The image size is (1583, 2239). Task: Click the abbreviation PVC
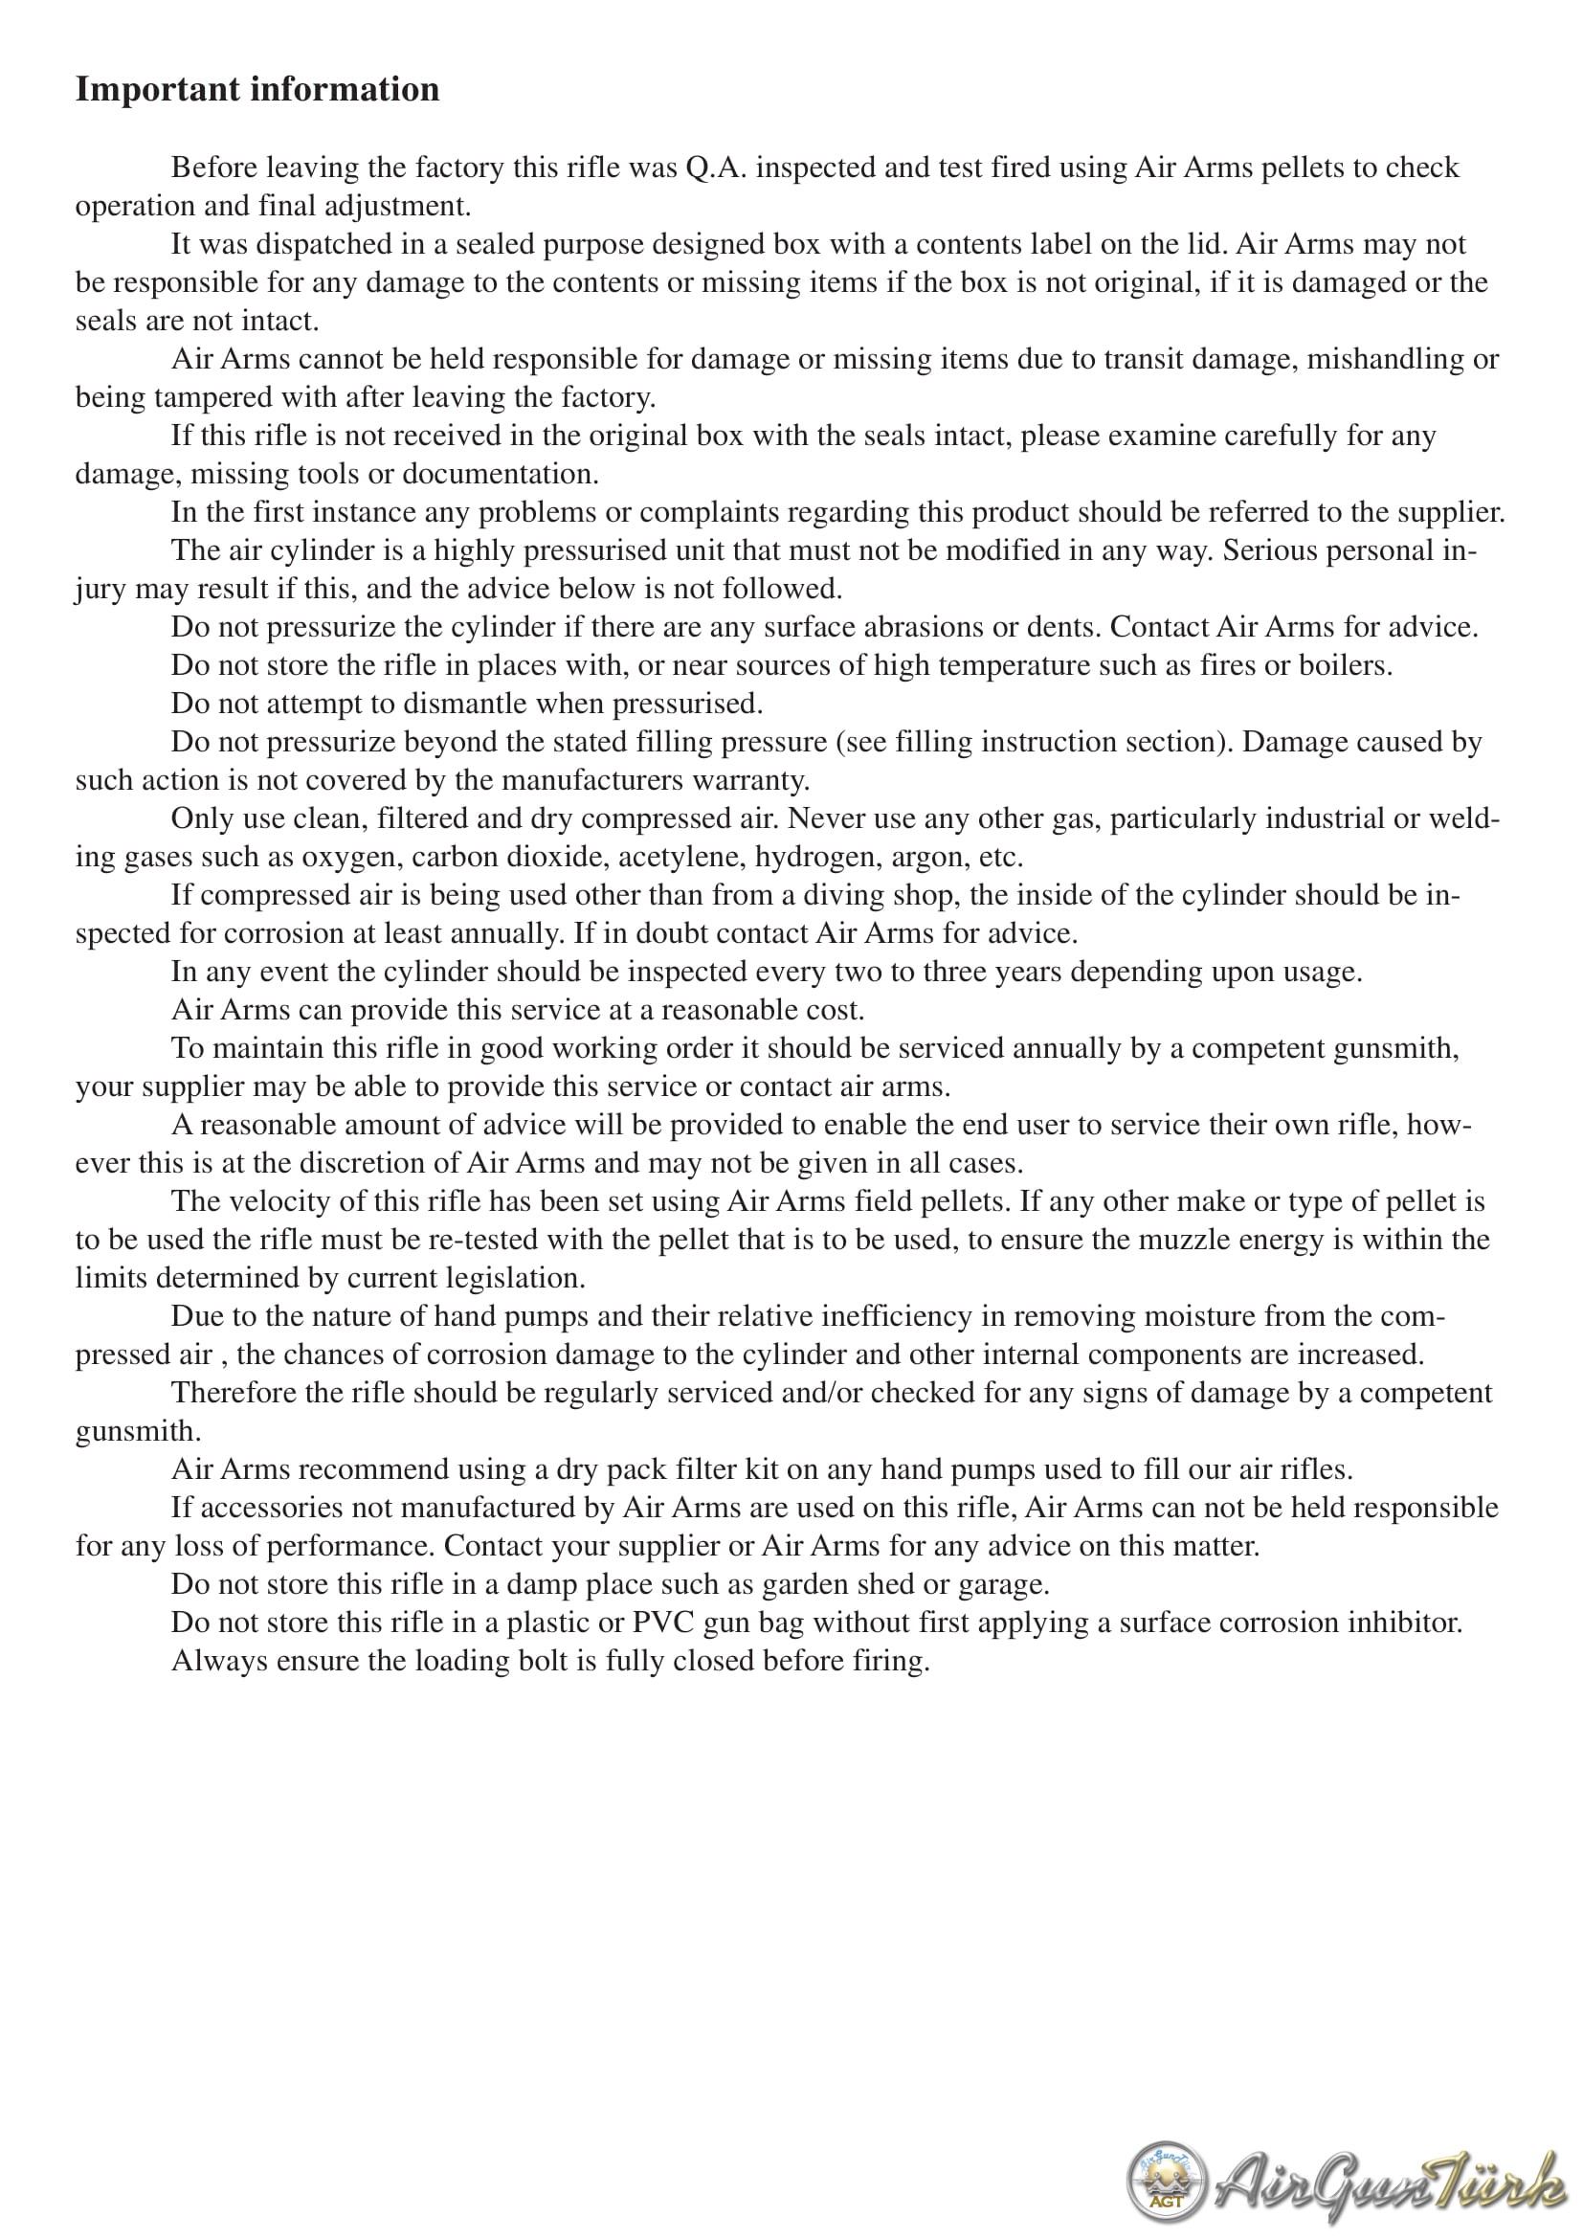[x=663, y=1623]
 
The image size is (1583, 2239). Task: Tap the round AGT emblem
[x=1166, y=2181]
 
